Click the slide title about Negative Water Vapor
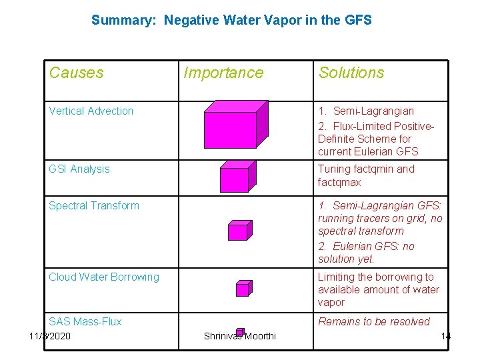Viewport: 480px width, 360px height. pyautogui.click(x=231, y=20)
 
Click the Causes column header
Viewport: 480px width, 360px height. pyautogui.click(x=76, y=73)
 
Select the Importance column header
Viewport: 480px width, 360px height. pyautogui.click(x=223, y=73)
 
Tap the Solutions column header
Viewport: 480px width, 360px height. pyautogui.click(x=351, y=73)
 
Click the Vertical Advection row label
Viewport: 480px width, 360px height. pyautogui.click(x=91, y=111)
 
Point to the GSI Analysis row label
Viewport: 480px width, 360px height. pyautogui.click(x=79, y=169)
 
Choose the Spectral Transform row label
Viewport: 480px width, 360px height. pyautogui.click(x=94, y=205)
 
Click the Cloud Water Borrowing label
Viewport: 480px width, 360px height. pyautogui.click(x=104, y=277)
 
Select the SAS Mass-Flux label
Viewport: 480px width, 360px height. pyautogui.click(x=85, y=321)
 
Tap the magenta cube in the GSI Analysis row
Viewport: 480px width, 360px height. pyautogui.click(x=235, y=178)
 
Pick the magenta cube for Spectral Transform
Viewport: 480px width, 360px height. pyautogui.click(x=239, y=231)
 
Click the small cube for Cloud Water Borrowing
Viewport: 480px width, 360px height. pyautogui.click(x=243, y=288)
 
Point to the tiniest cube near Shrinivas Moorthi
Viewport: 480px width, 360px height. pyautogui.click(x=241, y=331)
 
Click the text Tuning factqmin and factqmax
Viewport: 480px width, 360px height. pyautogui.click(x=365, y=175)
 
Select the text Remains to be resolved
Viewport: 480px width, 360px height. pyautogui.click(x=373, y=321)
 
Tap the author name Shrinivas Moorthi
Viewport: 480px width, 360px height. pyautogui.click(x=239, y=337)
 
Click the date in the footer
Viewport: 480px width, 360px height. pyautogui.click(x=50, y=335)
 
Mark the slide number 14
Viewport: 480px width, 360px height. pyautogui.click(x=445, y=335)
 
